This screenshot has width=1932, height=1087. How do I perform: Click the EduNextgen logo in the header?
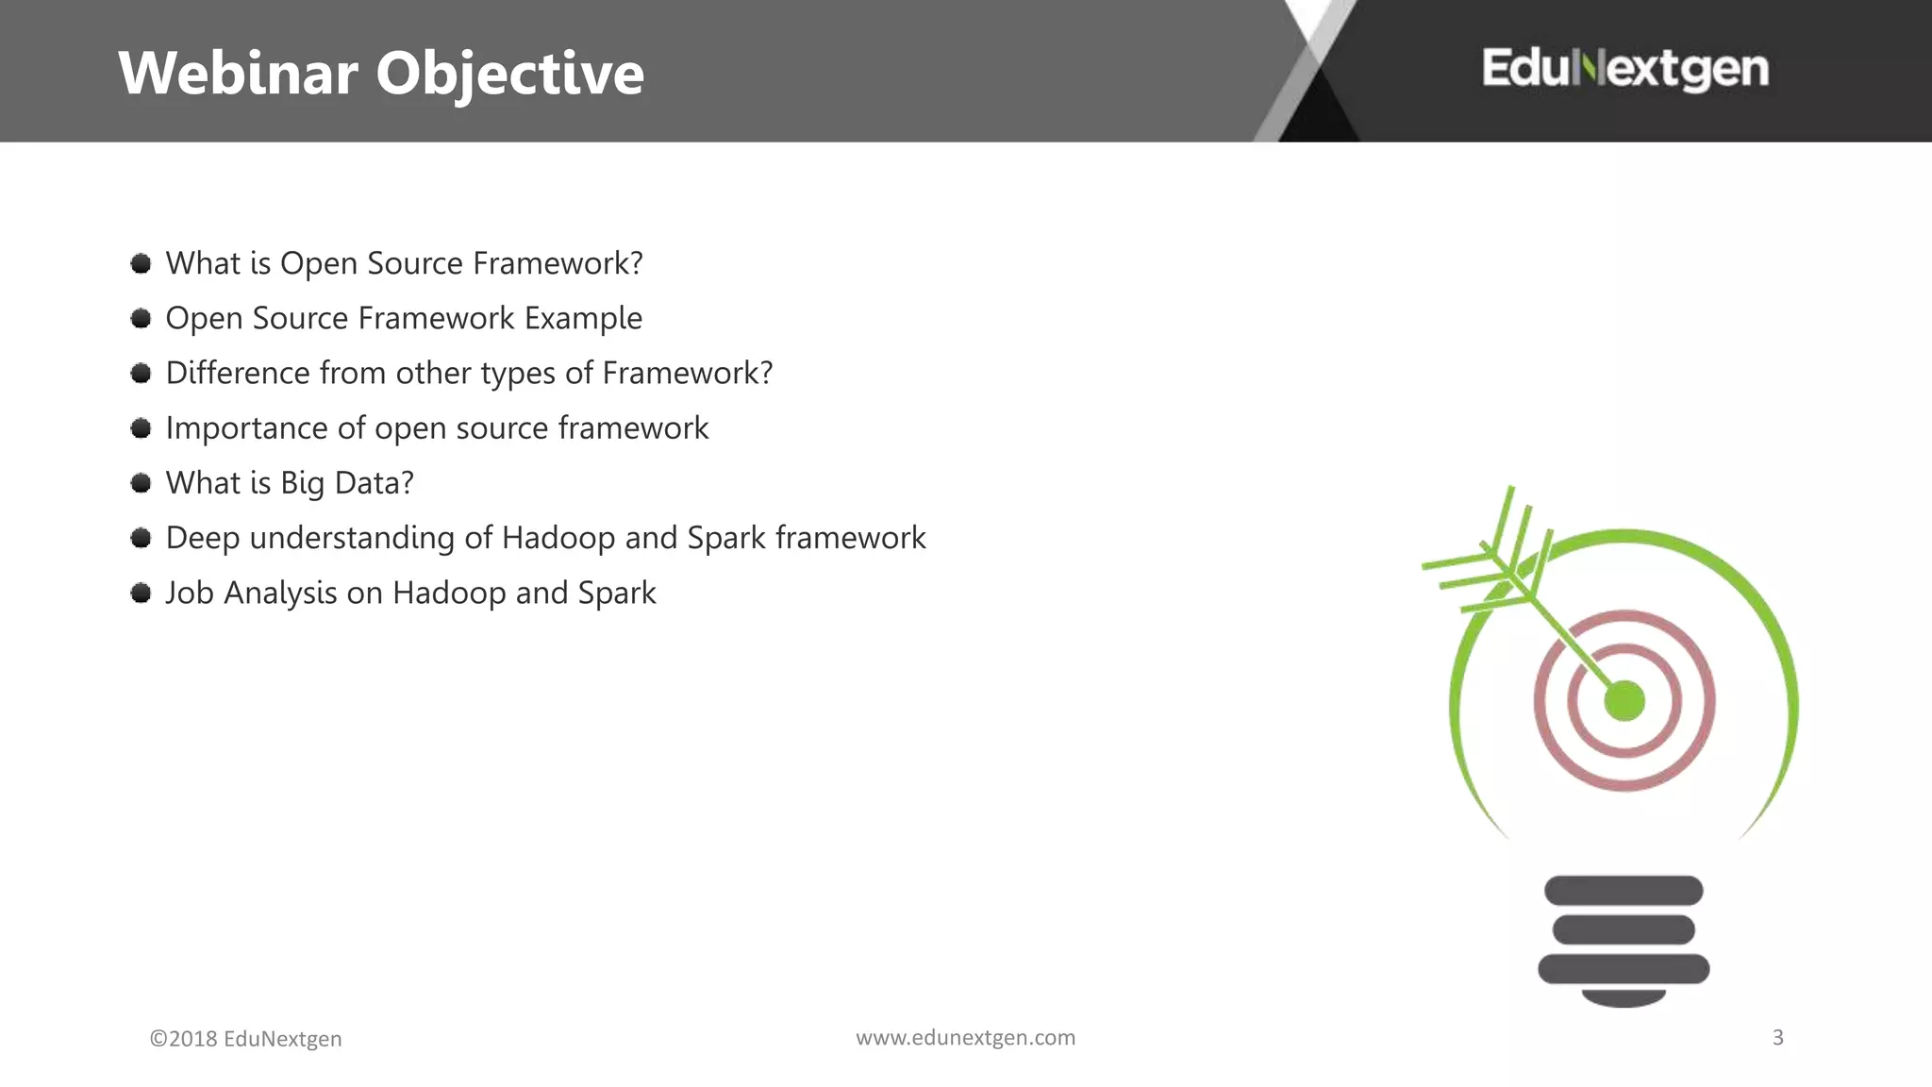(x=1624, y=69)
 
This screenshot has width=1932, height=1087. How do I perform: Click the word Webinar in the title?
(x=238, y=73)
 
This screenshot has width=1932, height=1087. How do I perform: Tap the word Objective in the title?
(x=509, y=75)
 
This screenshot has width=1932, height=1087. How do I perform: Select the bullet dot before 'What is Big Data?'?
(x=142, y=483)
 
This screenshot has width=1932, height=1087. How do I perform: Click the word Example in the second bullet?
(x=583, y=319)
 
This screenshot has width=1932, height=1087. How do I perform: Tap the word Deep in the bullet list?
(x=202, y=538)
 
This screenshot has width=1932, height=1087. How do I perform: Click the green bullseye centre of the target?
(x=1624, y=701)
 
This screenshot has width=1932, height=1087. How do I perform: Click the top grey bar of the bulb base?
(x=1624, y=890)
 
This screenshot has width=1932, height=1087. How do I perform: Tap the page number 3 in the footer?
(x=1777, y=1037)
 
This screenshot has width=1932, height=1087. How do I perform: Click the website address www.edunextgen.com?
(x=965, y=1037)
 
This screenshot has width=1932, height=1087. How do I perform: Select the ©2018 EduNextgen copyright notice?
(x=245, y=1038)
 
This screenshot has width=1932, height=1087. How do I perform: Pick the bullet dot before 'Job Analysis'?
(x=142, y=593)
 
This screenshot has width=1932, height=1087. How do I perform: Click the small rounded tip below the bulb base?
(x=1624, y=998)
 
